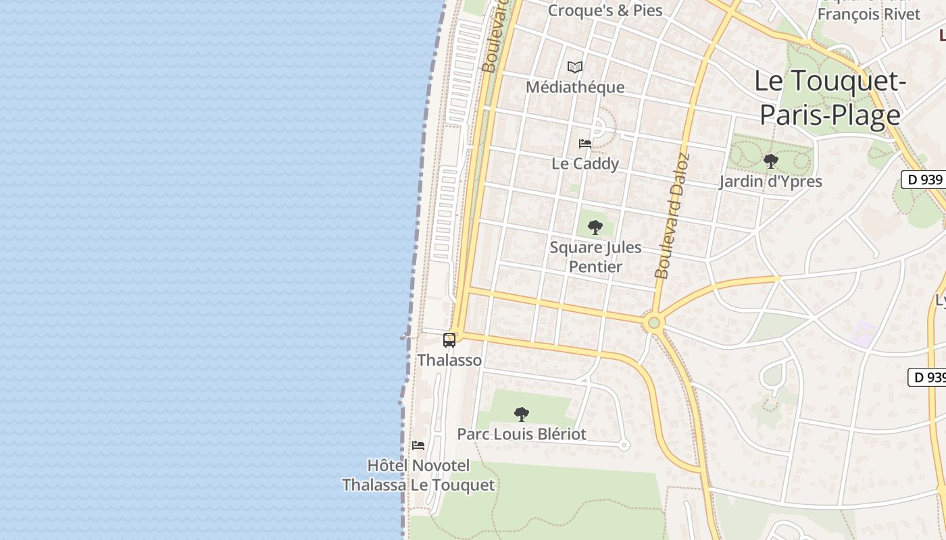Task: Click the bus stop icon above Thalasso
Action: click(x=449, y=340)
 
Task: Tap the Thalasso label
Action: click(x=449, y=360)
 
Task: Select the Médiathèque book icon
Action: click(x=575, y=67)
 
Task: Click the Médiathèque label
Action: click(x=575, y=87)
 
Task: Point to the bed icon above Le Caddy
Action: click(x=585, y=144)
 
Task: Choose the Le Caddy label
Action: click(x=585, y=163)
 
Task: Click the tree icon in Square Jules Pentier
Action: click(x=595, y=227)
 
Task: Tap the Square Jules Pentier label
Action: click(x=595, y=256)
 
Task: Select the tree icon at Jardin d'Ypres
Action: click(x=770, y=161)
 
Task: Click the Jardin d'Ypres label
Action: click(x=770, y=182)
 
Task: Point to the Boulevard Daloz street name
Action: click(x=673, y=216)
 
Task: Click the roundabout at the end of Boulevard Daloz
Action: click(x=653, y=323)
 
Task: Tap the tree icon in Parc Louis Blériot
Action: click(x=521, y=414)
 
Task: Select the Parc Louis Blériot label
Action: click(x=522, y=434)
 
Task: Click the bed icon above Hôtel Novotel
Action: click(x=418, y=446)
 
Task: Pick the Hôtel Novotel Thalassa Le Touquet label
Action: click(x=418, y=475)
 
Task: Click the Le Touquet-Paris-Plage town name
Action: click(x=830, y=98)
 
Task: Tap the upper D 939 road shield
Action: click(x=924, y=180)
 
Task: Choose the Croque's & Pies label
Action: click(x=605, y=10)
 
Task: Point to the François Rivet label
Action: click(x=869, y=13)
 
